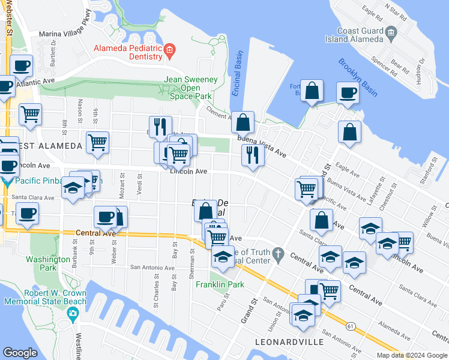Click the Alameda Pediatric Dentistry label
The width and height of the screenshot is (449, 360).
click(127, 52)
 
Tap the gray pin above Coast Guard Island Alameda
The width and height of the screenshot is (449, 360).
click(391, 31)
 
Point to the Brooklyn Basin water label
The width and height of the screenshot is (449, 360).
click(357, 77)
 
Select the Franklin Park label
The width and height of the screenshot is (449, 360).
click(220, 284)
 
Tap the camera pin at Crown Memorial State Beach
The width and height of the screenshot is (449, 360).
click(73, 313)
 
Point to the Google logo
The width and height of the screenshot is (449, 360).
click(20, 352)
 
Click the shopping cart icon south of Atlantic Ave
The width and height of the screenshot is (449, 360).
click(30, 113)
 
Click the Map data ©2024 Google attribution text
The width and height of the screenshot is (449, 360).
click(412, 355)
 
